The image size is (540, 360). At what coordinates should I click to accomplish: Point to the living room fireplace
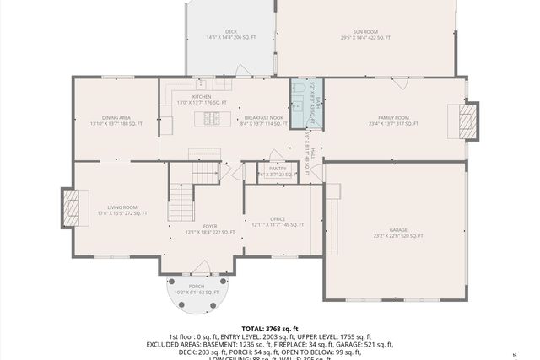click(x=73, y=206)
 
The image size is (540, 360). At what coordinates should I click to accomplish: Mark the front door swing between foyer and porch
click(x=202, y=267)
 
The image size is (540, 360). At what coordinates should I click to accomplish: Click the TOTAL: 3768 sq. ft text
click(x=270, y=328)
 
